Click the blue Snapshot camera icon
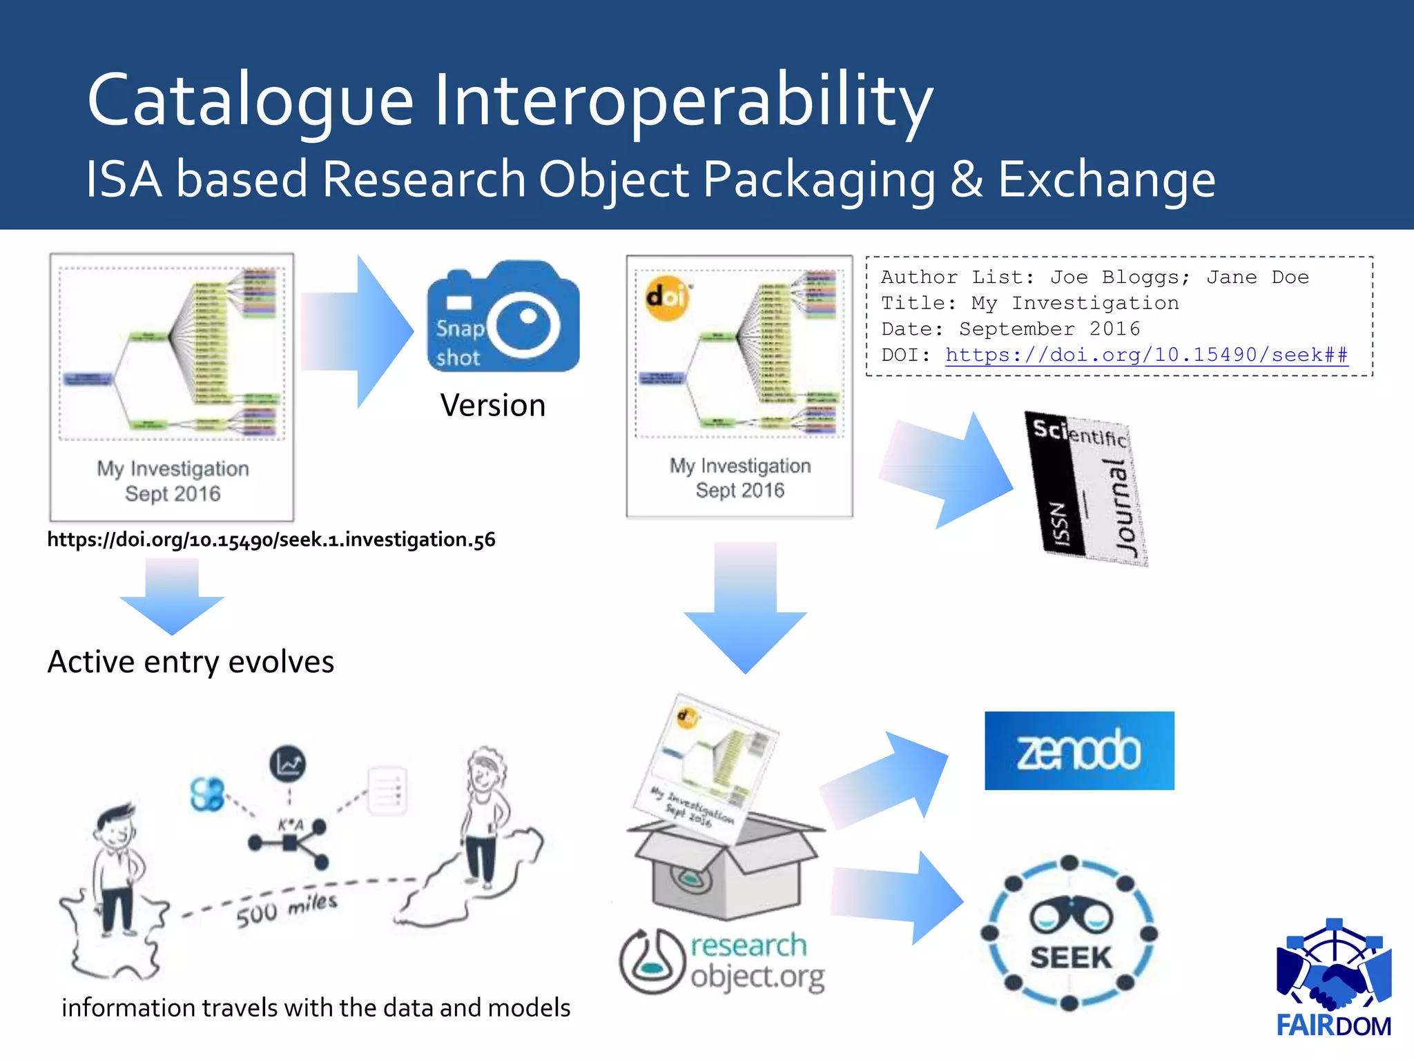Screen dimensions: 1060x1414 [503, 317]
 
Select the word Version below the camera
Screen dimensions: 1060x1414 [493, 405]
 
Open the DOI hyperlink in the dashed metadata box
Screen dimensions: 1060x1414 [1146, 355]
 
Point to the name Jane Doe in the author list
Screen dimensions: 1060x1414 [1257, 277]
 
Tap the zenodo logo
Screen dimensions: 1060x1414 [1079, 751]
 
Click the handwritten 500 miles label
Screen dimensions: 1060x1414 [287, 910]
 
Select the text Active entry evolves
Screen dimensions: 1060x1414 [191, 662]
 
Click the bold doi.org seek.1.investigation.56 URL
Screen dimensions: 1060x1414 [271, 540]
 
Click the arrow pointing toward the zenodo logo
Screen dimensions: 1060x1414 [891, 780]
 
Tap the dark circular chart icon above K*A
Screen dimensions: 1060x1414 [287, 764]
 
